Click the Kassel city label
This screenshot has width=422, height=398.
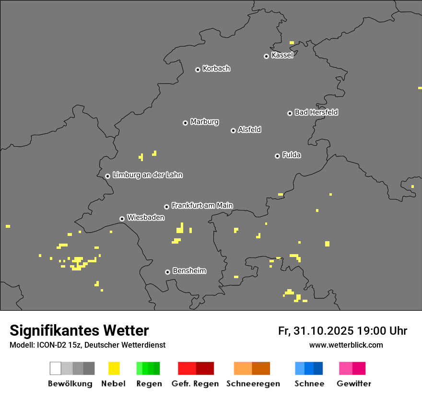click(x=282, y=55)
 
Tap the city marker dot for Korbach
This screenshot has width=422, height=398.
click(x=198, y=70)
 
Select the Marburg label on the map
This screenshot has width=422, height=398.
click(x=204, y=122)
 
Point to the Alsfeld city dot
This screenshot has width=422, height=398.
click(x=233, y=130)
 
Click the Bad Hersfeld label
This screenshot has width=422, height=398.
click(x=316, y=112)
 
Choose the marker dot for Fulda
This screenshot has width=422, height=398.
click(x=277, y=156)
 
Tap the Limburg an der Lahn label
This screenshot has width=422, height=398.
click(x=147, y=175)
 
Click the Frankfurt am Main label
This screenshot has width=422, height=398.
click(x=202, y=206)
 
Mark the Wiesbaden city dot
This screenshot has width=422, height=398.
click(x=122, y=219)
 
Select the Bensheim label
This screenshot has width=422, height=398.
click(x=189, y=271)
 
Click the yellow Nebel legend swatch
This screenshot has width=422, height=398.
click(x=114, y=368)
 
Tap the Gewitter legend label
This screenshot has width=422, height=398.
click(x=353, y=384)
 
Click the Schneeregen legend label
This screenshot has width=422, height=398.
click(x=253, y=384)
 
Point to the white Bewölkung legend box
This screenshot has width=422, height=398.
click(x=56, y=368)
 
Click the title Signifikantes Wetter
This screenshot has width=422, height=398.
click(x=79, y=330)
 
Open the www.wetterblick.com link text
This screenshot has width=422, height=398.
click(x=346, y=345)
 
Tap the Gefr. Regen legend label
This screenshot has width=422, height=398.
click(x=195, y=384)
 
